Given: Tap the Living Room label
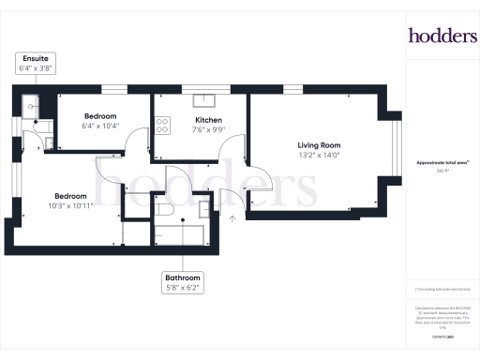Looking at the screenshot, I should tap(319, 145).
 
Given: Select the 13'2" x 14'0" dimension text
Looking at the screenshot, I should tap(319, 157).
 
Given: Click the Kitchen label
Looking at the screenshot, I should tap(208, 121).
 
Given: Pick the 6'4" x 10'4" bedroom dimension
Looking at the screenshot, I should tap(98, 126).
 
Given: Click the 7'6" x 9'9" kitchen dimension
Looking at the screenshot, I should tap(208, 132).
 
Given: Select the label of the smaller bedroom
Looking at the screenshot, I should tap(98, 115).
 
